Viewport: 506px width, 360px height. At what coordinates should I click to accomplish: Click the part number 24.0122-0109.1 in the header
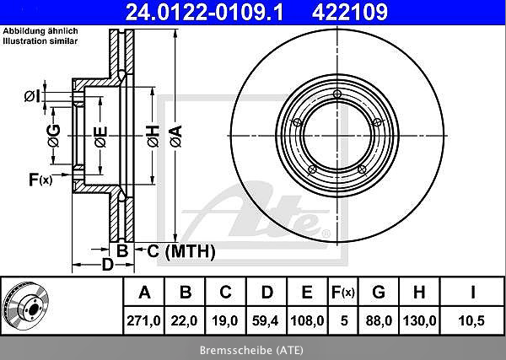click(x=204, y=12)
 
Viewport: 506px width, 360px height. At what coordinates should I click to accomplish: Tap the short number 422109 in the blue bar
click(x=350, y=12)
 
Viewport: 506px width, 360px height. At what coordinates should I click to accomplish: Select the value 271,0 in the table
click(x=143, y=320)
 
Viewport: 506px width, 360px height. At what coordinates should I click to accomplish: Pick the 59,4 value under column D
click(x=266, y=320)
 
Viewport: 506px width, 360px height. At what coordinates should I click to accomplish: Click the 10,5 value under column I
click(x=471, y=320)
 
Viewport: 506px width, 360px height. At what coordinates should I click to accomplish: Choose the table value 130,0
click(x=419, y=320)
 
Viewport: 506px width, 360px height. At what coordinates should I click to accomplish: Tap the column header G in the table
click(x=379, y=293)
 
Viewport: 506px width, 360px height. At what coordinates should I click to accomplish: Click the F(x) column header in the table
click(x=343, y=293)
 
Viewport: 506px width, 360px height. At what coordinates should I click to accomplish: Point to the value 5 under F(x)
click(x=344, y=320)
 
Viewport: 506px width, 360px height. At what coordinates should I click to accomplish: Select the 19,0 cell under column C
click(x=225, y=320)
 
